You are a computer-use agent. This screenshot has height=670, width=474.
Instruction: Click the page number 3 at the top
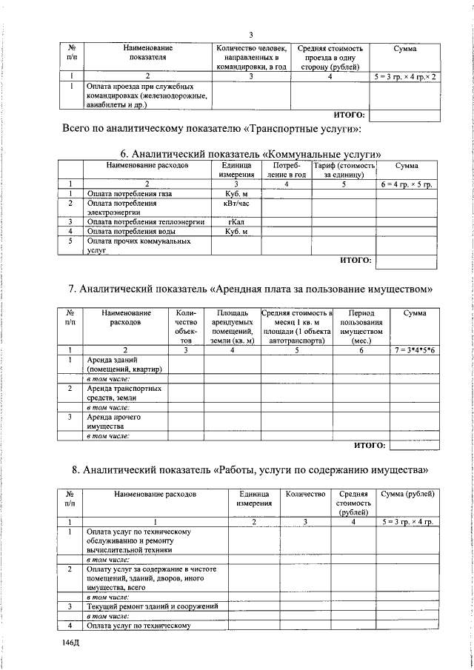pyautogui.click(x=251, y=36)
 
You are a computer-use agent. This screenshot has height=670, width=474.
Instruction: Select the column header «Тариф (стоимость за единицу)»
pyautogui.click(x=344, y=170)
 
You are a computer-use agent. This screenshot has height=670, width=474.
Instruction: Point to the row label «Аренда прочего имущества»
pyautogui.click(x=122, y=422)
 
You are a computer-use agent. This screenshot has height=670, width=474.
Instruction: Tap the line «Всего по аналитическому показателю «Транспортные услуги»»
pyautogui.click(x=211, y=131)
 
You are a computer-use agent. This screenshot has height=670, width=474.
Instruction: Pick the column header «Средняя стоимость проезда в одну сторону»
pyautogui.click(x=329, y=57)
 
